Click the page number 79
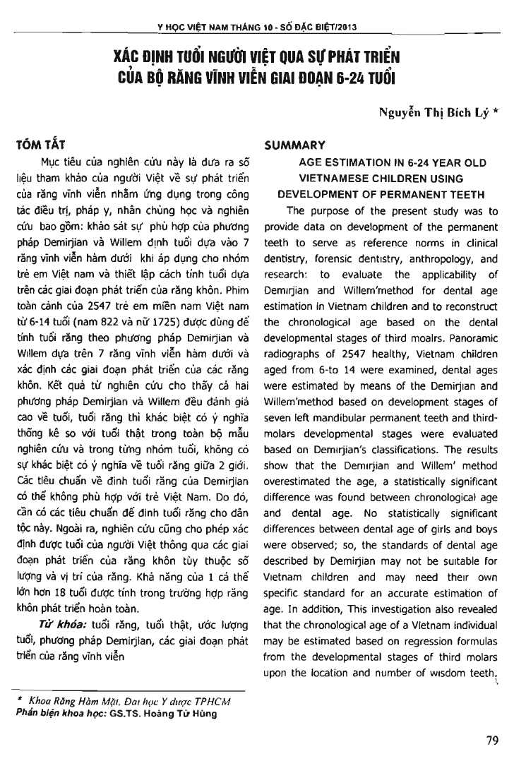click(x=491, y=741)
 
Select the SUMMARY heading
click(x=294, y=145)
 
